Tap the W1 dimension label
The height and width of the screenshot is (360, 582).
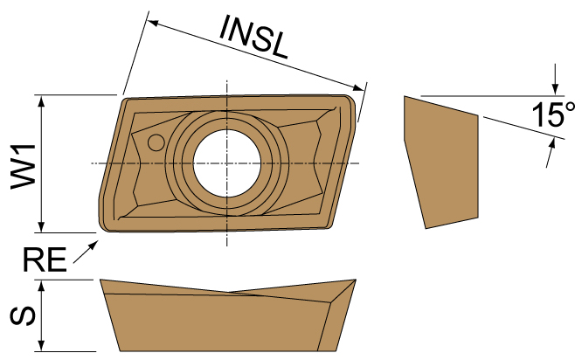click(x=24, y=163)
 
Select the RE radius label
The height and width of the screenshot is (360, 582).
click(x=44, y=260)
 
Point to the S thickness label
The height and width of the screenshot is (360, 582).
click(x=24, y=315)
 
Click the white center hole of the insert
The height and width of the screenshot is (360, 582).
click(x=227, y=163)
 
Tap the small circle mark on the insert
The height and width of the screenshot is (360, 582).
click(x=156, y=142)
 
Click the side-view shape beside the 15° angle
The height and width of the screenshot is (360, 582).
click(x=442, y=162)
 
